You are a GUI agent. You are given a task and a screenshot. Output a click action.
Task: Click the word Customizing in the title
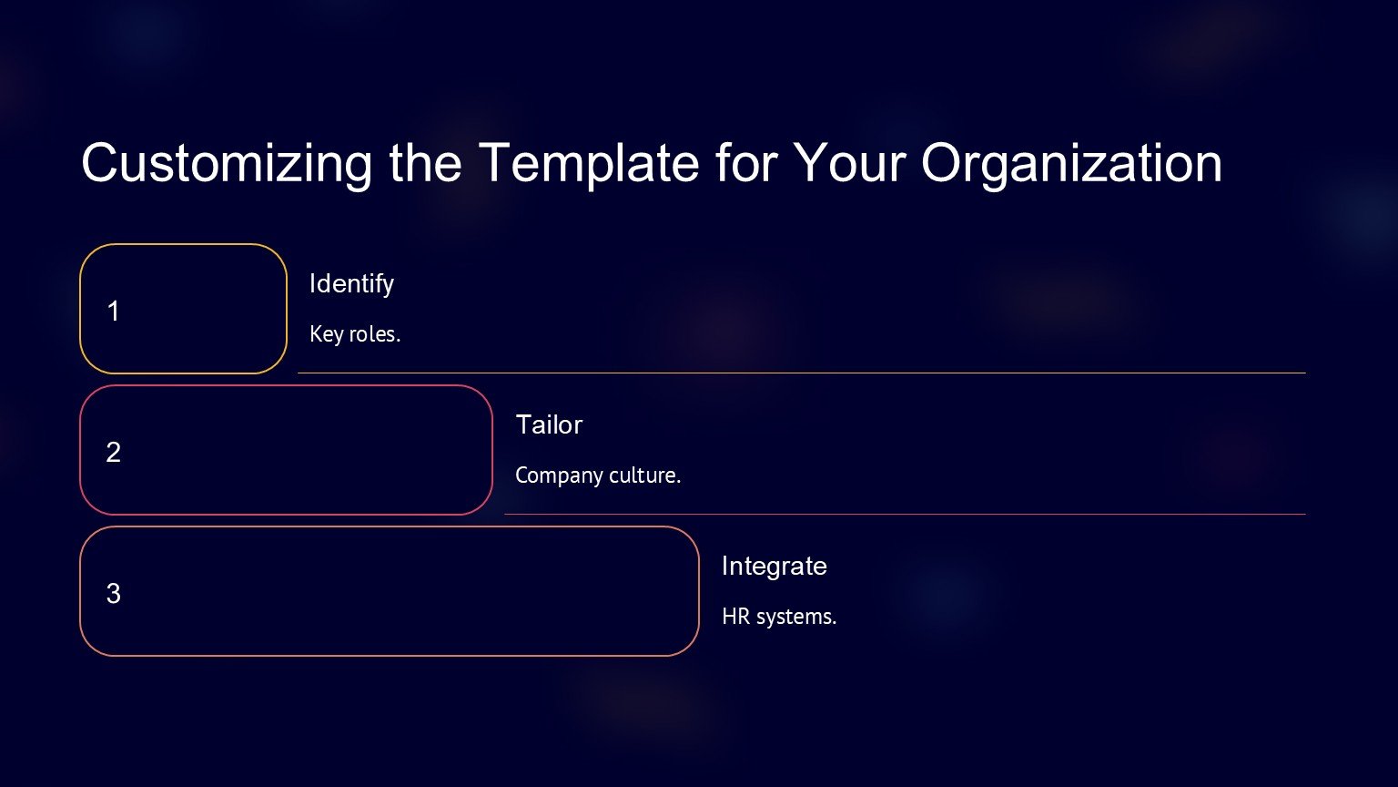tap(228, 164)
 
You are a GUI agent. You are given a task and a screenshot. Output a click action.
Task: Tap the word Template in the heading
tap(589, 164)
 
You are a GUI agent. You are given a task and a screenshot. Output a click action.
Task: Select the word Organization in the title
tap(1071, 164)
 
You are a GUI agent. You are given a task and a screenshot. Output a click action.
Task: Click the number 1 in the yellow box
tap(113, 311)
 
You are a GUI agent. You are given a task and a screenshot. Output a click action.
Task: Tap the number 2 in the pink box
tap(113, 452)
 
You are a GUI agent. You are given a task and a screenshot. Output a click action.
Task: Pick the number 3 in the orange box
tap(113, 593)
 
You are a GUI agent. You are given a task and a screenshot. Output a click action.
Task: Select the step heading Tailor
tap(549, 424)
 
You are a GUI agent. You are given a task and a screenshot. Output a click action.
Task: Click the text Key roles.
tap(354, 334)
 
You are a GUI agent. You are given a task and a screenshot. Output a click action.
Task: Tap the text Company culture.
tap(598, 475)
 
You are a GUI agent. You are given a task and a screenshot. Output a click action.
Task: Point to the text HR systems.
tap(779, 617)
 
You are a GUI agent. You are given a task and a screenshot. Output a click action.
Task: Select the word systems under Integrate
tap(796, 618)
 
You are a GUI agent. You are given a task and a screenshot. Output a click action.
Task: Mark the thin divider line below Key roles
tap(801, 373)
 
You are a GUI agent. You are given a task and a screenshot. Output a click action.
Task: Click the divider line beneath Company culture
tap(905, 514)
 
